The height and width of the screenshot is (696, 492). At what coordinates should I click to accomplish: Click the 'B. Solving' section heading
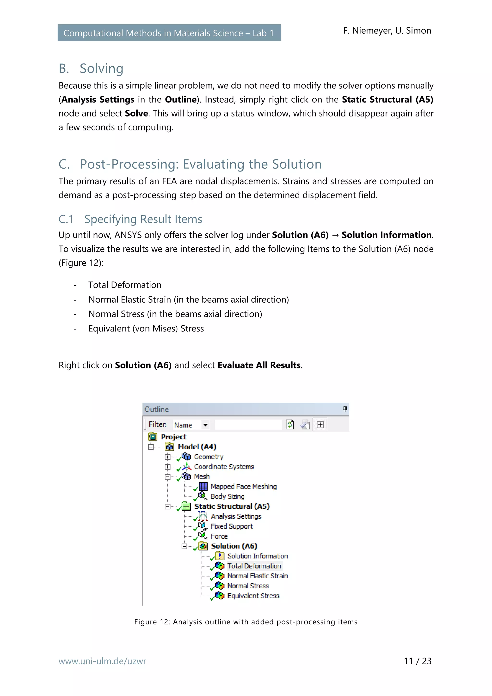[91, 68]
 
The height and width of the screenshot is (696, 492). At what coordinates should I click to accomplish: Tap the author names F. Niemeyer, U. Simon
[387, 31]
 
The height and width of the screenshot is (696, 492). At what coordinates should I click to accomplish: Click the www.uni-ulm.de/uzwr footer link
[102, 661]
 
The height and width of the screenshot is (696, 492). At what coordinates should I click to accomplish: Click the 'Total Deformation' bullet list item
[125, 285]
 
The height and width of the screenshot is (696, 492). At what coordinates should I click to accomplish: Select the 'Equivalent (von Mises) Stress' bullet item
[146, 329]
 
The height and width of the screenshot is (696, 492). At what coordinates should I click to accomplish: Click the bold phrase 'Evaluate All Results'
[259, 365]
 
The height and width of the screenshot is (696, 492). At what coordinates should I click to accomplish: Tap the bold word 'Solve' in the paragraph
[136, 113]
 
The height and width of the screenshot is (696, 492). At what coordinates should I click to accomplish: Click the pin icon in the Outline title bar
[345, 409]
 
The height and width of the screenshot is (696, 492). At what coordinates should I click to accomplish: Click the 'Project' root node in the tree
[173, 437]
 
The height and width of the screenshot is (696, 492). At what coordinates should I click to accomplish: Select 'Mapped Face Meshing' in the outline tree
[243, 487]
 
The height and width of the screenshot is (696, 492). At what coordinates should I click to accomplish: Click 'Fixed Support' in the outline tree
[232, 526]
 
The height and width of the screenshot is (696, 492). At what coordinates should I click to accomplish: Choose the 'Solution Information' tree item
[257, 556]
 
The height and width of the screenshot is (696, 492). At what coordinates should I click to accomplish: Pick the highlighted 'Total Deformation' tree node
[254, 566]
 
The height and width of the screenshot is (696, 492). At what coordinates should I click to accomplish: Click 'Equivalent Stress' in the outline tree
[253, 596]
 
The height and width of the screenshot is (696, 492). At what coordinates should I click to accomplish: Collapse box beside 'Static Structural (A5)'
[167, 507]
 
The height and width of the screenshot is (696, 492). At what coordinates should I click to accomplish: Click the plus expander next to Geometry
[167, 457]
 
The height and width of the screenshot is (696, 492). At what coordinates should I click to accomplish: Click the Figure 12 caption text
[246, 622]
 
